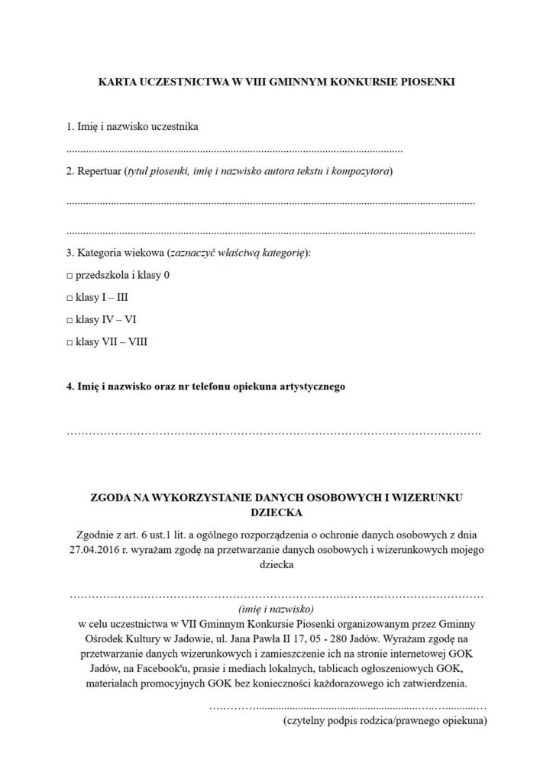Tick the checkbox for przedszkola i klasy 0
[x=70, y=274]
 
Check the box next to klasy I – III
[x=70, y=297]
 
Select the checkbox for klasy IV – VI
[x=70, y=319]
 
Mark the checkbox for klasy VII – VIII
[x=70, y=342]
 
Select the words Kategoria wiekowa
[x=119, y=252]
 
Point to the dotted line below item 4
[x=274, y=434]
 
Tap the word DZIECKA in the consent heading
[x=276, y=512]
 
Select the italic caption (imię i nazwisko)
[x=276, y=609]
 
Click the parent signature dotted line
[x=347, y=706]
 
